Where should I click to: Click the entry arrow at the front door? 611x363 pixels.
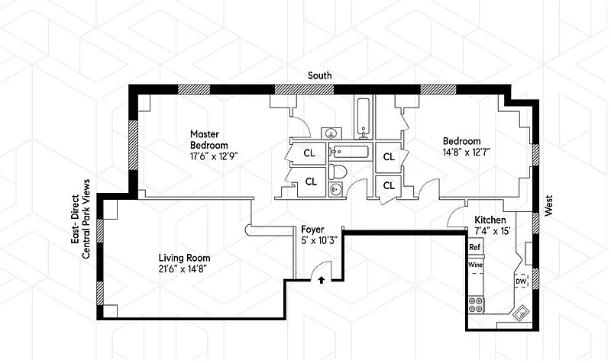click(322, 279)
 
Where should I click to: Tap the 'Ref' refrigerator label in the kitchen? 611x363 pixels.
click(474, 247)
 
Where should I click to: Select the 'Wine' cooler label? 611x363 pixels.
click(475, 265)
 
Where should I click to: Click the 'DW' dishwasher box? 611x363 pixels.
click(521, 281)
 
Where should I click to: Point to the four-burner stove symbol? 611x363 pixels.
click(476, 304)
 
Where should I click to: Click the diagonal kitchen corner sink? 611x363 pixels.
click(521, 313)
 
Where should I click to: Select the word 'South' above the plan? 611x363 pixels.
click(320, 75)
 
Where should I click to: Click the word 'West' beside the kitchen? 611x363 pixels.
click(548, 205)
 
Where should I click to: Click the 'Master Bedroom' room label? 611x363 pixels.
click(209, 140)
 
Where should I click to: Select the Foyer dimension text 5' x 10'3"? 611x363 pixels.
click(319, 240)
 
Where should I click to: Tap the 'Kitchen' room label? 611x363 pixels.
click(490, 220)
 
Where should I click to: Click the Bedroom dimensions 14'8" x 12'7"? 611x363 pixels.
click(466, 151)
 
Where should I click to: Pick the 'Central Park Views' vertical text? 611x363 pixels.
click(86, 219)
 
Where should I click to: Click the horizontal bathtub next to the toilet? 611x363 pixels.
click(349, 150)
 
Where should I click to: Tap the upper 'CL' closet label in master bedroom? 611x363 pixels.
click(309, 153)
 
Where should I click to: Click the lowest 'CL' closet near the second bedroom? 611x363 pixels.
click(389, 186)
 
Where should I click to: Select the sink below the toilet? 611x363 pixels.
click(336, 189)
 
